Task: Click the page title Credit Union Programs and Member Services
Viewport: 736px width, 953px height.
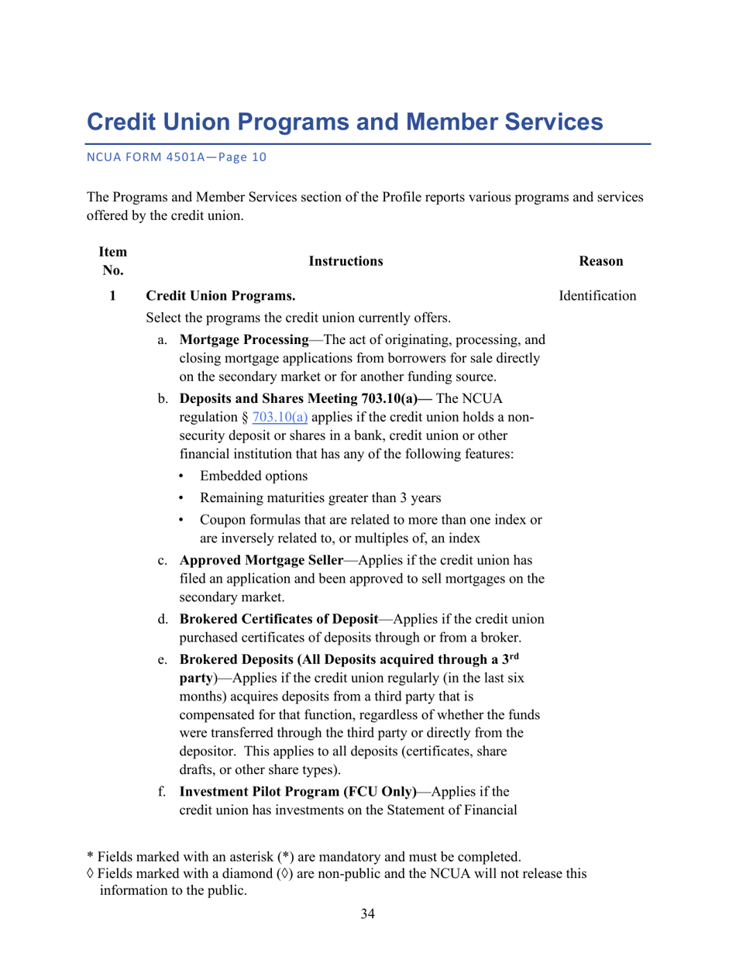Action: tap(344, 122)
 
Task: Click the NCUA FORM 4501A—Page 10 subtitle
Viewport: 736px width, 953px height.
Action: tap(176, 157)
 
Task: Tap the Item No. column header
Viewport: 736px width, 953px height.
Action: tap(113, 261)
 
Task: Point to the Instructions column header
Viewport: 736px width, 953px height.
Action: tap(346, 262)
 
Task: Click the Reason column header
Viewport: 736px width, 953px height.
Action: tap(601, 262)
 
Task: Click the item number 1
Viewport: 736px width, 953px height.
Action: tap(113, 296)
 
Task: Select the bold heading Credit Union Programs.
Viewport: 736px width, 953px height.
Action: tap(221, 296)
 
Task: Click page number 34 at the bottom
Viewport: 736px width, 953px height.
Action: tap(367, 915)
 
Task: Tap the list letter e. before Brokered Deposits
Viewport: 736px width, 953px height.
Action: tap(162, 660)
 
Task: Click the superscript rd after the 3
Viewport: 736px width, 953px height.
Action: tap(512, 655)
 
